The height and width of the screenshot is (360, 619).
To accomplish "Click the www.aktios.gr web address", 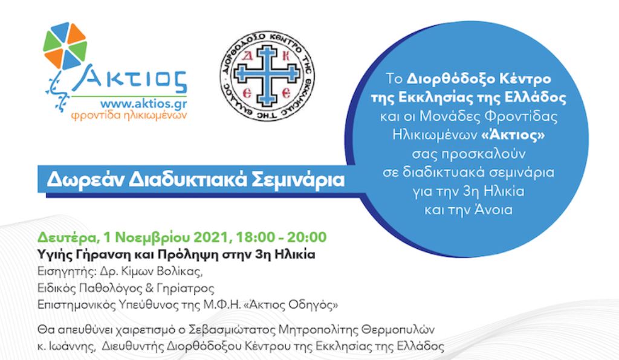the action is point(144,104).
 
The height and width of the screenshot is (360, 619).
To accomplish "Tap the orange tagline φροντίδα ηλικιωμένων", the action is point(129,116).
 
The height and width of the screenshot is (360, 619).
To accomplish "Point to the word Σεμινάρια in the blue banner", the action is point(298,180).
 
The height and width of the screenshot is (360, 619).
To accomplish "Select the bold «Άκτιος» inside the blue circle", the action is point(513,135).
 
